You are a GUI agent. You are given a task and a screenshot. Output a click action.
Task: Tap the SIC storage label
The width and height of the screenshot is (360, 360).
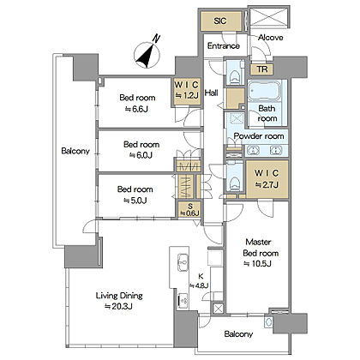220,21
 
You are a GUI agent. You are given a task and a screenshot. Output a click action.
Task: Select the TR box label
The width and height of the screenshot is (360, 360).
262,69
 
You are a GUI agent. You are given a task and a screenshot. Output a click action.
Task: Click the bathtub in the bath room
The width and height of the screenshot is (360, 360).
263,91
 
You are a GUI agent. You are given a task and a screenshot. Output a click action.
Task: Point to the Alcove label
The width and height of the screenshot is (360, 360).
270,38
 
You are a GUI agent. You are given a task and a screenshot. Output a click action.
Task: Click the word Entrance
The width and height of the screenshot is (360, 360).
224,45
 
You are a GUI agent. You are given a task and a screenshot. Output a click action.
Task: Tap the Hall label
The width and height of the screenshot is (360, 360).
212,93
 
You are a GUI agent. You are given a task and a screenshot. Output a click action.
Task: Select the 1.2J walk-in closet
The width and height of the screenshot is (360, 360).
187,91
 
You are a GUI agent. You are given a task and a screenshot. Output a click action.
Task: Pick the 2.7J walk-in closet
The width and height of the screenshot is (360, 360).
267,179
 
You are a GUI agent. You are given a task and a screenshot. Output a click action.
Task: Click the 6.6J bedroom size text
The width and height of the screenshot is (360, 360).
137,109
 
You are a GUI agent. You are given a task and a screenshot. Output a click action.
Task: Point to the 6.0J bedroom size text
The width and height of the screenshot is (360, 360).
141,155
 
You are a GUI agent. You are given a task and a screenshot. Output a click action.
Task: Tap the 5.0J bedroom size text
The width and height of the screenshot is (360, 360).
135,201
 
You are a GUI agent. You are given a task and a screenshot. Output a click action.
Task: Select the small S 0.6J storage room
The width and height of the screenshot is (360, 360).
189,210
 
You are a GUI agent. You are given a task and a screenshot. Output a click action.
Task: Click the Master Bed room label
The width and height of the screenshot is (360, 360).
261,248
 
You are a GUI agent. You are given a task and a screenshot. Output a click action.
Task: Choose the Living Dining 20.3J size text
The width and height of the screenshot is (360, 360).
118,307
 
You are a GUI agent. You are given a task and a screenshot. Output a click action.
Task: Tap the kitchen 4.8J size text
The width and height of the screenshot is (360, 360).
199,285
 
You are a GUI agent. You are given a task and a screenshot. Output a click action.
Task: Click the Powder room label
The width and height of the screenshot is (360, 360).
259,136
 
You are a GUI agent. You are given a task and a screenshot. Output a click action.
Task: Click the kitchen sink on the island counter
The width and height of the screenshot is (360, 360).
183,262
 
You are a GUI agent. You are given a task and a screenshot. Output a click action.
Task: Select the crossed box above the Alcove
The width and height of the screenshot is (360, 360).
268,17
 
